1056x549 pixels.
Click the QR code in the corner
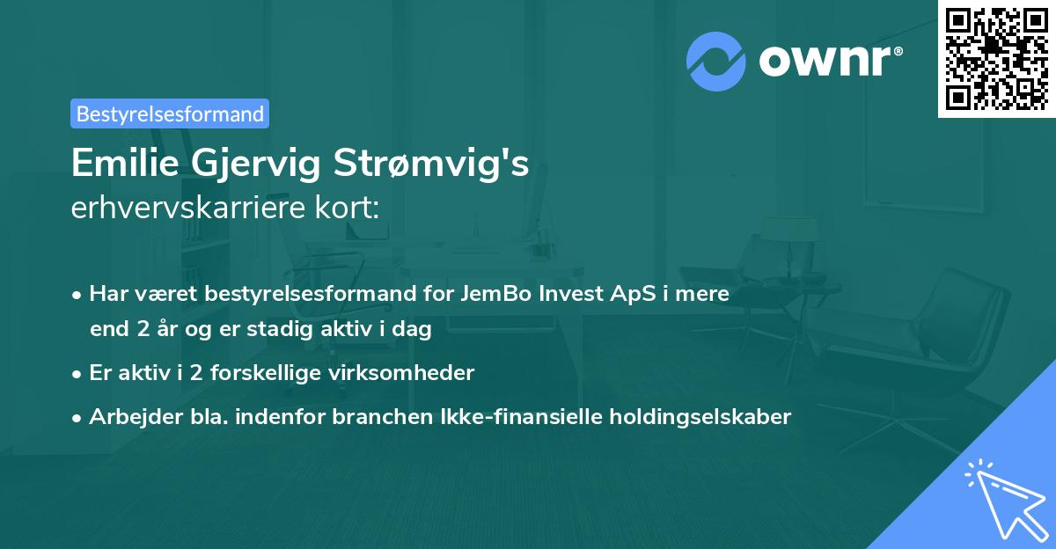(996, 58)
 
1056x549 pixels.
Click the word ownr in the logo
(830, 62)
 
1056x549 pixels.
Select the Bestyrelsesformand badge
(170, 113)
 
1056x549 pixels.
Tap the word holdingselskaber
(708, 417)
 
